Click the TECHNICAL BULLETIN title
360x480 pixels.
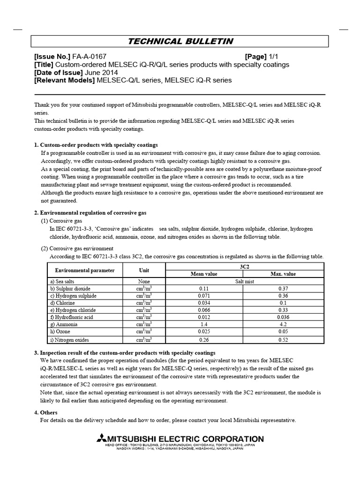(180, 41)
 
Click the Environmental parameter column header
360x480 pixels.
(84, 270)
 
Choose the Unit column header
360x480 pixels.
(144, 270)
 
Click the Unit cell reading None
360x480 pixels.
(144, 281)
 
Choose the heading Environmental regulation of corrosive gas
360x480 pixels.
(93, 212)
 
